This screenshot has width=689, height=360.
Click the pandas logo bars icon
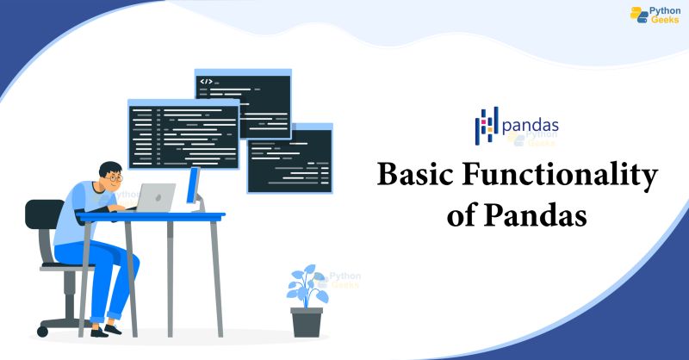[x=487, y=126]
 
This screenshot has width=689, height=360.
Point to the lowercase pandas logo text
[x=531, y=125]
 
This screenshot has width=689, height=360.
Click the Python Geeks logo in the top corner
[x=655, y=16]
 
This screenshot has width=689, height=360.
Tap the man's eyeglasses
[x=116, y=177]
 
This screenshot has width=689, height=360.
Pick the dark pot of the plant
[x=307, y=321]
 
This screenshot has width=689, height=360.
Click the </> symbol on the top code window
[x=206, y=82]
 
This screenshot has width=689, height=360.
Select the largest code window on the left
[x=183, y=133]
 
